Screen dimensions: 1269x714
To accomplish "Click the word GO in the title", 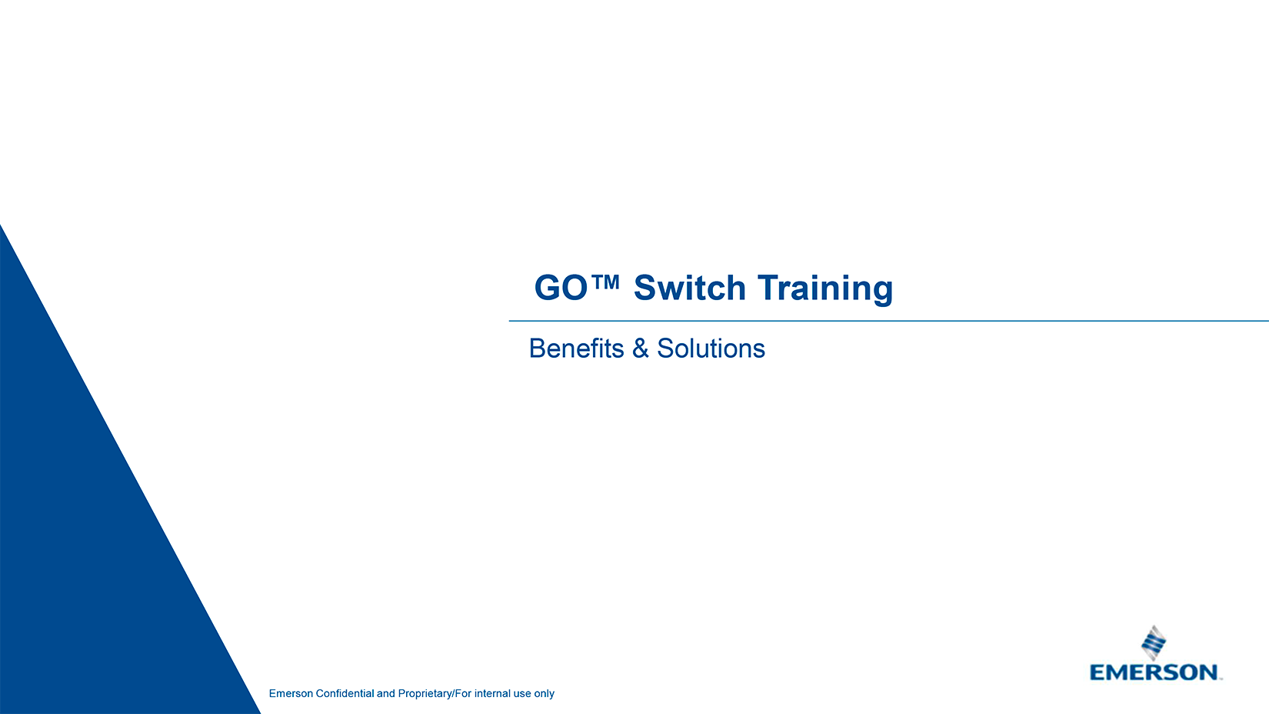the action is (561, 288).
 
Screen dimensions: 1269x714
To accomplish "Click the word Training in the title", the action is (825, 290).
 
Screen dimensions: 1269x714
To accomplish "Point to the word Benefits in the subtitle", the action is (576, 349).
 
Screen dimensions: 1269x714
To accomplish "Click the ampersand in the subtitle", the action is (640, 349).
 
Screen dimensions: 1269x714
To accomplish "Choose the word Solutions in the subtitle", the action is (711, 349).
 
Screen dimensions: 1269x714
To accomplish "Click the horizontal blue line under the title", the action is (889, 321).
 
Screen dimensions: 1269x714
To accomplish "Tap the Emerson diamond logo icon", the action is (1153, 643).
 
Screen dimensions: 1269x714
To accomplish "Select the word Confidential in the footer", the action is (345, 693).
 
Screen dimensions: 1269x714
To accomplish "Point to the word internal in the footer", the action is (492, 693).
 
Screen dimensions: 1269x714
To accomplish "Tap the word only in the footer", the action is (544, 694).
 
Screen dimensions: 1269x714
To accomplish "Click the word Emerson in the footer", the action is (291, 693).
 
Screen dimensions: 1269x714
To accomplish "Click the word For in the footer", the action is (463, 693).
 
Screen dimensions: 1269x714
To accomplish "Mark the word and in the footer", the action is (386, 693).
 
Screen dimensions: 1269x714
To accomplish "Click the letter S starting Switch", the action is (644, 288).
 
